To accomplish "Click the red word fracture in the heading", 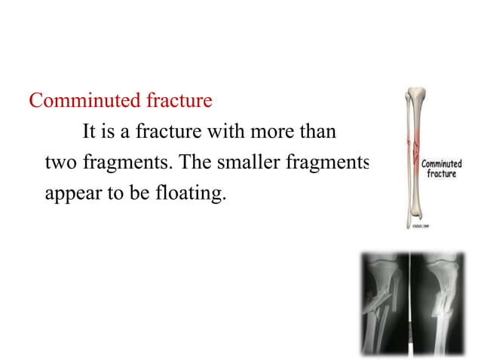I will pos(177,100).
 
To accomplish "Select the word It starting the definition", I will pos(88,133).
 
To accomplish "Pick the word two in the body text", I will pos(59,163).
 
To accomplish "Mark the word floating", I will pos(191,194).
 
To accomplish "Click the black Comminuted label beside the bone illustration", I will pos(441,163).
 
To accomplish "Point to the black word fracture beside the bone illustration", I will pos(443,174).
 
